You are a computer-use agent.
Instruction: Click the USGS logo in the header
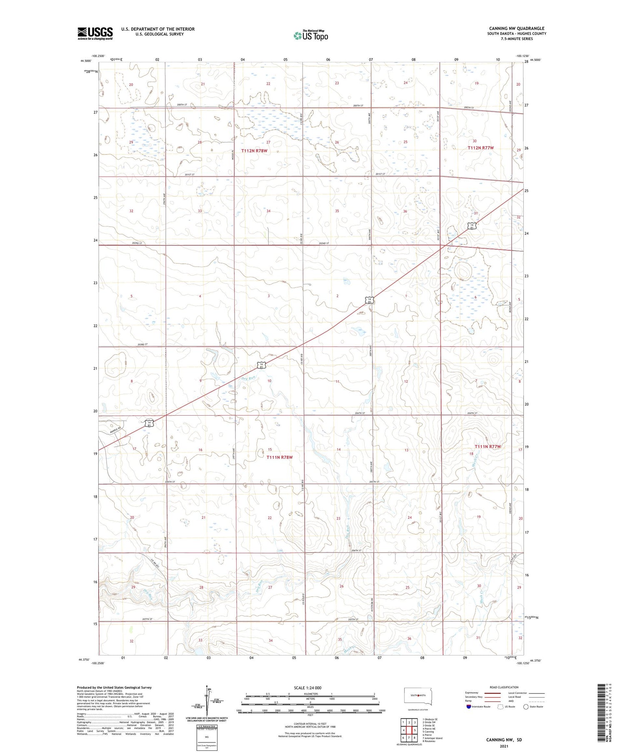pyautogui.click(x=95, y=33)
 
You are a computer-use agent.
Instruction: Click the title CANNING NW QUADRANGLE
pyautogui.click(x=517, y=29)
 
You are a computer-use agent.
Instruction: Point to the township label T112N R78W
pyautogui.click(x=254, y=151)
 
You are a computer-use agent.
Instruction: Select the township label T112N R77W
pyautogui.click(x=480, y=148)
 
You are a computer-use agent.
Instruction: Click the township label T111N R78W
pyautogui.click(x=280, y=457)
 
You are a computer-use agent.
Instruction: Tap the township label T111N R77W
pyautogui.click(x=487, y=446)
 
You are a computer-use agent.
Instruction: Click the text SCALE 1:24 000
pyautogui.click(x=307, y=688)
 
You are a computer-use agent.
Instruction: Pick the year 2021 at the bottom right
pyautogui.click(x=504, y=746)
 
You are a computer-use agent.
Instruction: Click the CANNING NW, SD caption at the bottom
pyautogui.click(x=504, y=740)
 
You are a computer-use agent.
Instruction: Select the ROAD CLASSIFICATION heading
pyautogui.click(x=504, y=687)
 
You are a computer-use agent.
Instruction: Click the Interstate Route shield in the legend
pyautogui.click(x=469, y=706)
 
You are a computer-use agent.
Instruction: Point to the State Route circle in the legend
pyautogui.click(x=526, y=706)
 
